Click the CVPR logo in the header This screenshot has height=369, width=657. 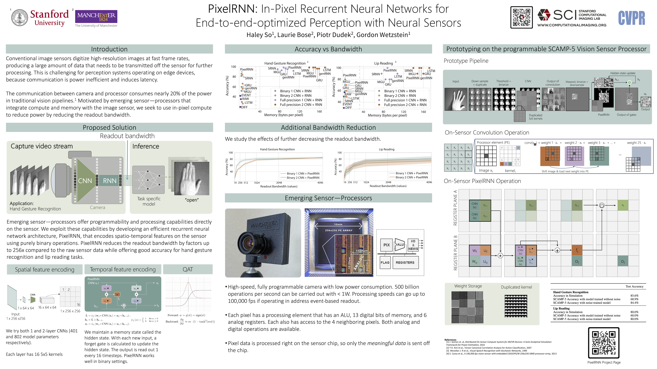pos(631,18)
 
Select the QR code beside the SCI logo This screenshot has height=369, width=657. pos(521,17)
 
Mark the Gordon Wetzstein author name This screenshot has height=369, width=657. pos(383,35)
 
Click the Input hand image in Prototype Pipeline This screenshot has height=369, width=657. pos(456,99)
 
